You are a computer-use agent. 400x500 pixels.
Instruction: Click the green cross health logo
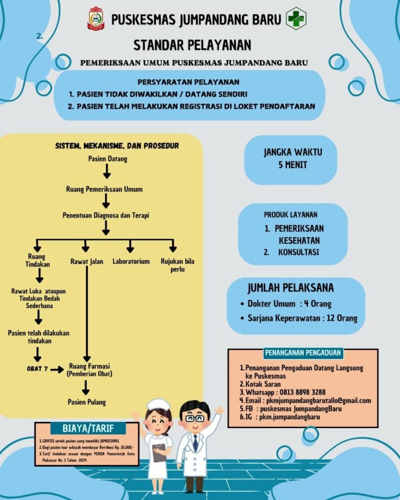(x=295, y=19)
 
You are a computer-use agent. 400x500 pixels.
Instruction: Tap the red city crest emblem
(x=96, y=19)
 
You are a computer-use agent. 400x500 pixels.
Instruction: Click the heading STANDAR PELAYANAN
(x=192, y=45)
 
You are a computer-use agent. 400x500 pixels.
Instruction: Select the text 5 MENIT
(x=293, y=165)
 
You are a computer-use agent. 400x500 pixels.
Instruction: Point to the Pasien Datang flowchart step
(x=108, y=159)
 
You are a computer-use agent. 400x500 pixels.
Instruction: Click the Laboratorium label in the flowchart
(x=131, y=262)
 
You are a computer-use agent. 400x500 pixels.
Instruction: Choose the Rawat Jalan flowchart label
(x=87, y=262)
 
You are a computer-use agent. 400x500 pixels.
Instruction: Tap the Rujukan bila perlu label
(x=177, y=265)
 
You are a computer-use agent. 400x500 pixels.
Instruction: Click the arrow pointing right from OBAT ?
(x=58, y=370)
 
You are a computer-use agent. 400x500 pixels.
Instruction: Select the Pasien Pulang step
(x=86, y=402)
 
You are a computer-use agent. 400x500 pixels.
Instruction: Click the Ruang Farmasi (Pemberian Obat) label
(x=90, y=370)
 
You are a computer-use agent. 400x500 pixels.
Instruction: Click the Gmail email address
(x=318, y=400)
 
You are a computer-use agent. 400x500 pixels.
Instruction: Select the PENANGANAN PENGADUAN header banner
(x=303, y=353)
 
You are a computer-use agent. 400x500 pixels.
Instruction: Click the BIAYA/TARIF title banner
(x=88, y=428)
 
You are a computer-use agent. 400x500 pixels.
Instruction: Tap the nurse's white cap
(x=158, y=405)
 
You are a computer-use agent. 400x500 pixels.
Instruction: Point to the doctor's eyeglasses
(x=195, y=418)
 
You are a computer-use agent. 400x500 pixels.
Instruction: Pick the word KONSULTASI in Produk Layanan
(x=298, y=252)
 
